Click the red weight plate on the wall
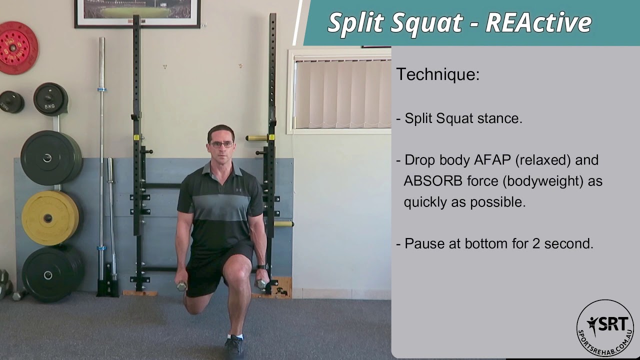pos(18,48)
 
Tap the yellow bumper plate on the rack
pos(50,217)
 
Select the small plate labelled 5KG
pos(50,98)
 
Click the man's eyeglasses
pos(221,144)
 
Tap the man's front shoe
pos(233,346)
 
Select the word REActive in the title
pos(538,22)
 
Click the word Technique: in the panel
pos(437,74)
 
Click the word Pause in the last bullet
pos(424,243)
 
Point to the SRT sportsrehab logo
pos(605,328)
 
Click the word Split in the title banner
pos(355,22)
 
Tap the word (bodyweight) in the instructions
pos(542,181)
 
